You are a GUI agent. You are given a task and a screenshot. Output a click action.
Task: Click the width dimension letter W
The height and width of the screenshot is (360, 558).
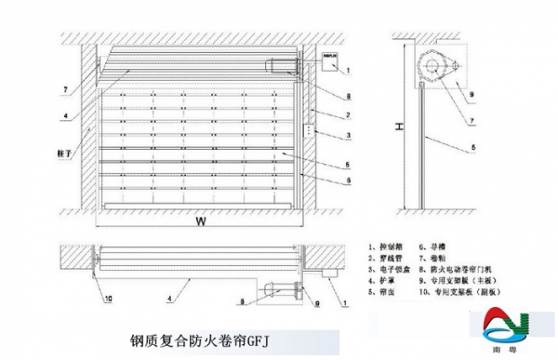tap(199, 222)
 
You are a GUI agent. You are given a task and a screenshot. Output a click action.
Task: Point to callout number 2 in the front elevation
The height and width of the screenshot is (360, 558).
tap(347, 114)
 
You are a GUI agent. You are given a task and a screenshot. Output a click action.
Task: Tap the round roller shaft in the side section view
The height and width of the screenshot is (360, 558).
tap(435, 65)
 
